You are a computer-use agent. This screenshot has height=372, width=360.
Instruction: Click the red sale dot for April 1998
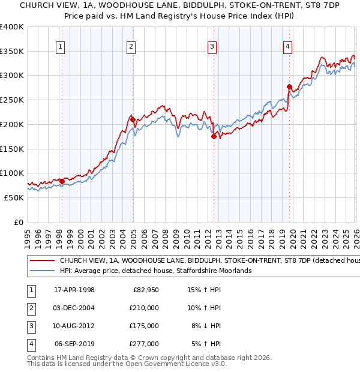point(62,181)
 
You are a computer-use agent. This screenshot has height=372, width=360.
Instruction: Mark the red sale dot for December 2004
point(133,119)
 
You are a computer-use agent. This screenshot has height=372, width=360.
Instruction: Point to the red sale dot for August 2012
point(214,136)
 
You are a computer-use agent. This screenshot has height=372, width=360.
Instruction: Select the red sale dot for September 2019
point(289,86)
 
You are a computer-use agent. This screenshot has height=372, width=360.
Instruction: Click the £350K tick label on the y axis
point(12,52)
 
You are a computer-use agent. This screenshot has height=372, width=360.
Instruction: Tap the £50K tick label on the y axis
point(14,197)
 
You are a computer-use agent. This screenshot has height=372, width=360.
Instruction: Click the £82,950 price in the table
point(144,290)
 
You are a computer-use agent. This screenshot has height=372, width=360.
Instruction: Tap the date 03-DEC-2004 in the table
point(74,308)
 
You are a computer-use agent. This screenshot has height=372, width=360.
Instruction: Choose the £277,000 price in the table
point(144,344)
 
